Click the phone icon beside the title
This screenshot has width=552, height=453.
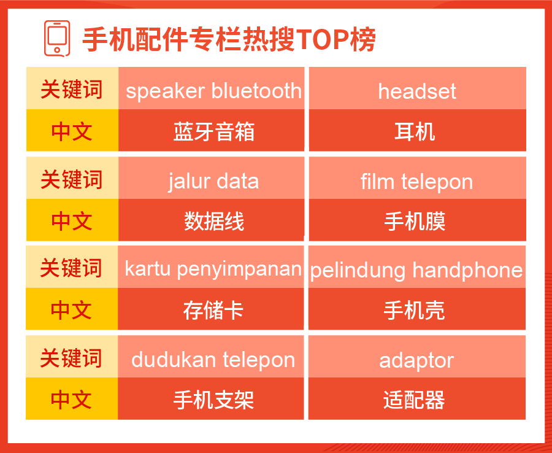(x=57, y=39)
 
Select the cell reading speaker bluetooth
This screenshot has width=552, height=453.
(x=211, y=88)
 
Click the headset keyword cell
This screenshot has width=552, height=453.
(x=418, y=88)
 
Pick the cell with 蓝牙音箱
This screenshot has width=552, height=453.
(x=211, y=130)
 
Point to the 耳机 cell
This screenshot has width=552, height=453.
(x=418, y=130)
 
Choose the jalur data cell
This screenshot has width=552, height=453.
(x=211, y=178)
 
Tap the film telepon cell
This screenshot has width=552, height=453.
(x=418, y=178)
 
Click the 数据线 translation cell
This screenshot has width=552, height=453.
(x=211, y=220)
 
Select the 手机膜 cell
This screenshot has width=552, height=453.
(x=418, y=220)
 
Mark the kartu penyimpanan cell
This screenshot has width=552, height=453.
(x=211, y=266)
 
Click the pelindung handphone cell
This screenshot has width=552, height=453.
(x=417, y=266)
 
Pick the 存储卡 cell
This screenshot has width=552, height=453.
(x=211, y=309)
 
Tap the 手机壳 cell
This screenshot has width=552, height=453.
(x=417, y=309)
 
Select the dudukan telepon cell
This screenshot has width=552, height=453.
(x=211, y=357)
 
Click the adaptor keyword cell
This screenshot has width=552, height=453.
(x=417, y=357)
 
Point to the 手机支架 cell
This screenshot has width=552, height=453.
(x=211, y=399)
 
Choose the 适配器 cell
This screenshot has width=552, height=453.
(x=417, y=399)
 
